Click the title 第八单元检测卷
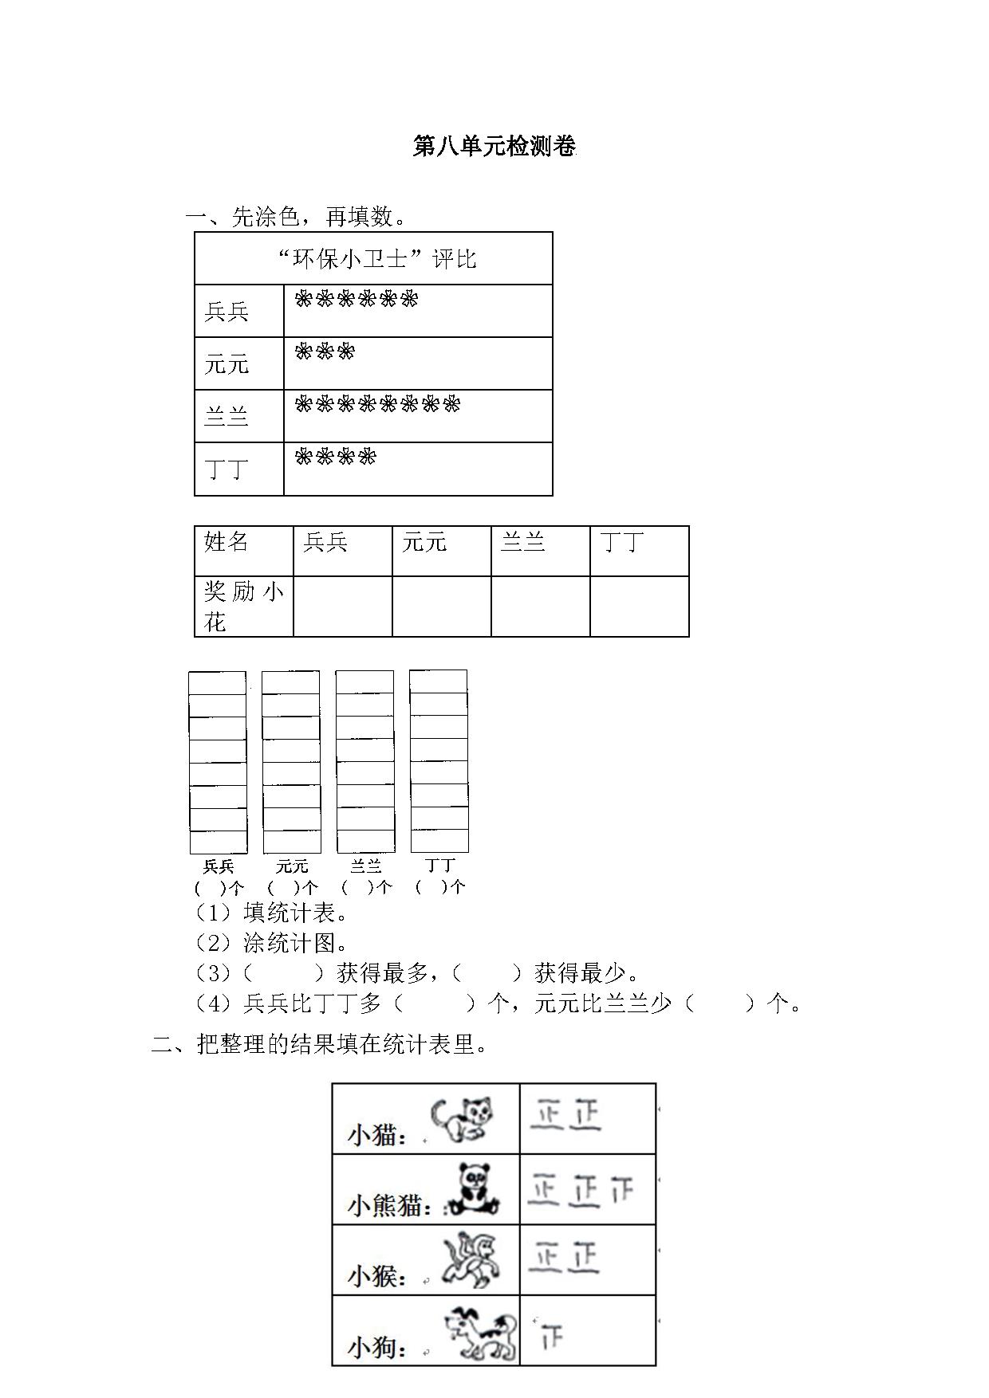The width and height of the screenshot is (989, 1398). [494, 147]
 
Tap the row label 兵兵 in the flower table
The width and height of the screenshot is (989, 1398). [227, 311]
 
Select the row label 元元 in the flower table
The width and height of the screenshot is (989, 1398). [227, 363]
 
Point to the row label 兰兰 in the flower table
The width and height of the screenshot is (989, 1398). [227, 416]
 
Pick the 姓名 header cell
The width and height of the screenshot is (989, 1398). [244, 551]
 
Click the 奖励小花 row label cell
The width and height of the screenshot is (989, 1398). [244, 607]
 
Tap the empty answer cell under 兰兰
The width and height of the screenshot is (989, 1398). [541, 607]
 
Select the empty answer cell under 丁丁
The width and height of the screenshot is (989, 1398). [640, 607]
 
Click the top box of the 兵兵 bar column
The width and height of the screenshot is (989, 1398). [217, 683]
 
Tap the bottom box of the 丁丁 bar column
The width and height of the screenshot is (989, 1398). [439, 841]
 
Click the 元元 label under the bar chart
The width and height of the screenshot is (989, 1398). [292, 866]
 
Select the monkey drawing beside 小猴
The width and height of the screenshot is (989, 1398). [471, 1260]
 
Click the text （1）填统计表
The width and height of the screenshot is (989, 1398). [271, 913]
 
